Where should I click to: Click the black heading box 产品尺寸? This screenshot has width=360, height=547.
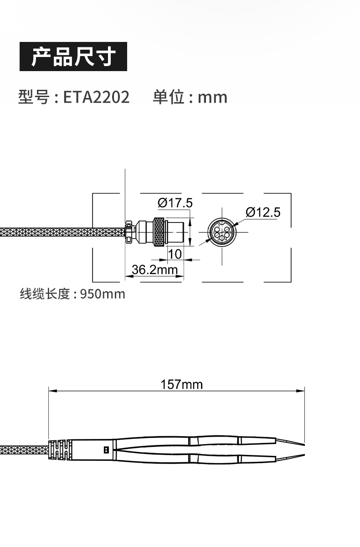(73, 57)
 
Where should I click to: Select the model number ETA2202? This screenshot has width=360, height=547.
(96, 97)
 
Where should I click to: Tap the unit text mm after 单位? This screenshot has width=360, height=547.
(212, 97)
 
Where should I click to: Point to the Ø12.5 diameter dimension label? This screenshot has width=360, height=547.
(262, 212)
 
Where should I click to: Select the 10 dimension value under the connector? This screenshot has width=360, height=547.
(175, 254)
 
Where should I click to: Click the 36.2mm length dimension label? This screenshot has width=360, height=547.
(154, 269)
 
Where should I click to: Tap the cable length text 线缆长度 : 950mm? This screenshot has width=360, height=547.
(72, 294)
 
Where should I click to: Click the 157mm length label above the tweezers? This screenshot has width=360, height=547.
(181, 384)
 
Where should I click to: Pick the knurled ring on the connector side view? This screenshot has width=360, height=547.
(159, 232)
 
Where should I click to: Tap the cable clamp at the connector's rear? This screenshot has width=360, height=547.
(129, 232)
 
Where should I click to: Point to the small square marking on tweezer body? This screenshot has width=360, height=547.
(107, 450)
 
